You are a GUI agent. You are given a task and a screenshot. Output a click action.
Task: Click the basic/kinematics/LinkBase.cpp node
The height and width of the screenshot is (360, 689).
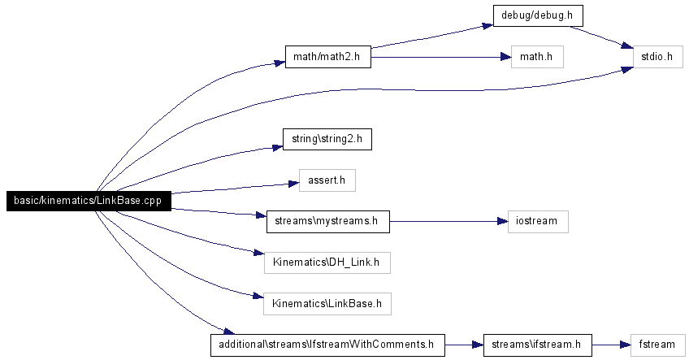89,201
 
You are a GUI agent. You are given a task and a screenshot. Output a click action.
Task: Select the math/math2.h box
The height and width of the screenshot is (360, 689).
327,57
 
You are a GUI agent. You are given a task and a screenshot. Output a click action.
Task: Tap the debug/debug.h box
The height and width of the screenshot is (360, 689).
538,15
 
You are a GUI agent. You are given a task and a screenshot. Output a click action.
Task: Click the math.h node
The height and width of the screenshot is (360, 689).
537,57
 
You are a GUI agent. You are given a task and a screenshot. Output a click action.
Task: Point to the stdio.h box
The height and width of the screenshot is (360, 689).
658,57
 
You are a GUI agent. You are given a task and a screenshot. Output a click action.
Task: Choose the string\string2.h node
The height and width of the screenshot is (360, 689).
327,139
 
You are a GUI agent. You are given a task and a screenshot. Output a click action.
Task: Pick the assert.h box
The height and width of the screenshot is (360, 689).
327,180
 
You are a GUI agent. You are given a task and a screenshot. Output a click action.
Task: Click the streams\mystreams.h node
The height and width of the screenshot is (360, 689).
327,222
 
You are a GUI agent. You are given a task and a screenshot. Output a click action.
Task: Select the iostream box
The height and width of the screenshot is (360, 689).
538,222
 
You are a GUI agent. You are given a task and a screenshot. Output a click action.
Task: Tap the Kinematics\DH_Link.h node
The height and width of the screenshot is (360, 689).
327,262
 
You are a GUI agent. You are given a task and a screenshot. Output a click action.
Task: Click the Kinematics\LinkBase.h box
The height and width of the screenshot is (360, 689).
327,304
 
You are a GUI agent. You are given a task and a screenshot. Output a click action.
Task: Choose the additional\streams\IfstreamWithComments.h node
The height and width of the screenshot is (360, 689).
327,345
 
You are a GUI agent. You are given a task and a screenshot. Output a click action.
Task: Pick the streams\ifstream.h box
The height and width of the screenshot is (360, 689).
537,345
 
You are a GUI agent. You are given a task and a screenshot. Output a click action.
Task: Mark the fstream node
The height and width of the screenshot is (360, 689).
658,345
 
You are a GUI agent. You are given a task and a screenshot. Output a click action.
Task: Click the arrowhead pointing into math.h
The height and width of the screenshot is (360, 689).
505,57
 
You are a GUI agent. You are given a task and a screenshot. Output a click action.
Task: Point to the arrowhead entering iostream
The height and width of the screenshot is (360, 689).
503,222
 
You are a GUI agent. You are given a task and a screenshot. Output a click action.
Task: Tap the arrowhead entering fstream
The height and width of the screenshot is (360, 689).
626,345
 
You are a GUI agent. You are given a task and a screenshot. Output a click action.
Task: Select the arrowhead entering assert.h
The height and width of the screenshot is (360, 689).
294,184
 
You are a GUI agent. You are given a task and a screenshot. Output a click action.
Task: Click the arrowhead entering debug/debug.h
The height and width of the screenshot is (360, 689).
487,25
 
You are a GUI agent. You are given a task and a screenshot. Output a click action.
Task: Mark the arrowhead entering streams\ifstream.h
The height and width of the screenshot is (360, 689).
478,345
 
